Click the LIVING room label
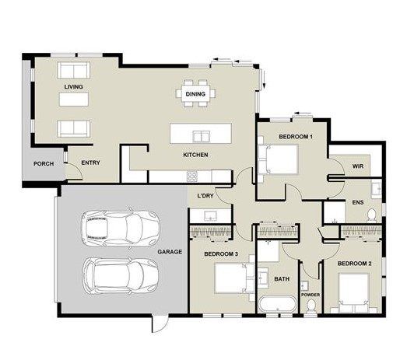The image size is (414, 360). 73,87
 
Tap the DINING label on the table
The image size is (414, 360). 195,94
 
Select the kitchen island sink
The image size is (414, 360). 202,136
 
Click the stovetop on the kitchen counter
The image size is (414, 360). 192,177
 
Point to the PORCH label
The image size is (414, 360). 44,164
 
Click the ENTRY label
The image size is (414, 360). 90,163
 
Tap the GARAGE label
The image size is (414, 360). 170,252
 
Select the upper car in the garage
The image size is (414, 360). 121,228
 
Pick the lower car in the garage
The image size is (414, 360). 121,276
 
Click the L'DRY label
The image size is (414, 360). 205,196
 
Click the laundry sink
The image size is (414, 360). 210,216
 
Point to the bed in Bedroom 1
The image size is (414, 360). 278,159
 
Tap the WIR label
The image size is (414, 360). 358,166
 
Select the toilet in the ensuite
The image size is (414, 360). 372,214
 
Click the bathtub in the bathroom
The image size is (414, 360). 278,304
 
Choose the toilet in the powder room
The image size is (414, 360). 310,306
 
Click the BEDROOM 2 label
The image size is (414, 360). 354,264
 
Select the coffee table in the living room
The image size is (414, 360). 74,99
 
